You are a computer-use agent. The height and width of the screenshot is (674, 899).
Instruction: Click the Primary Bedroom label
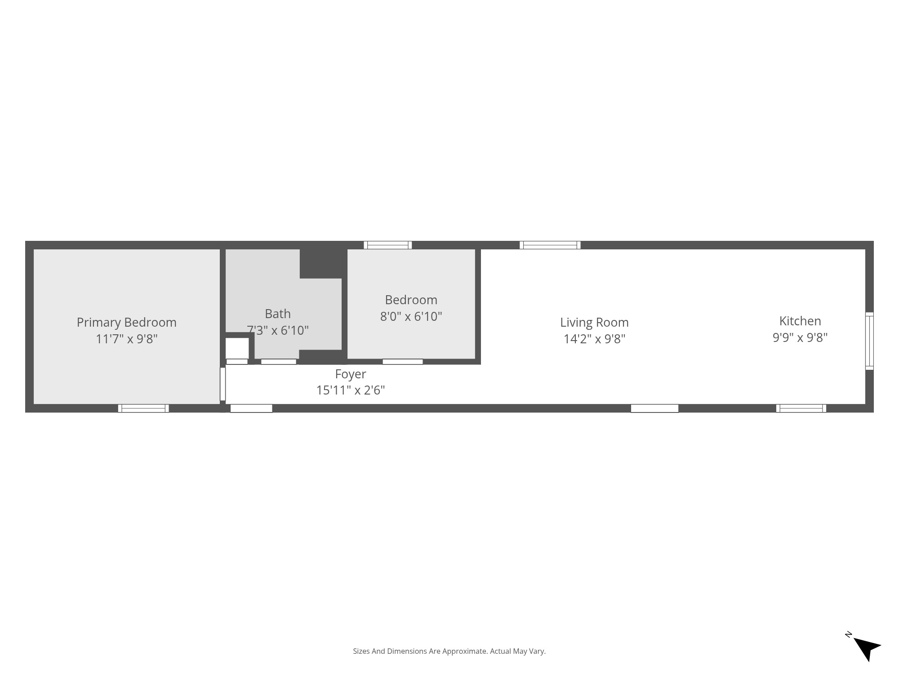pyautogui.click(x=126, y=322)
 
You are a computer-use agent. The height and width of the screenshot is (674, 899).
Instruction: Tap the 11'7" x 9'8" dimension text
pyautogui.click(x=126, y=339)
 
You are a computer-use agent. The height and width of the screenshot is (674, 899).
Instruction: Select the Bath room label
pyautogui.click(x=277, y=314)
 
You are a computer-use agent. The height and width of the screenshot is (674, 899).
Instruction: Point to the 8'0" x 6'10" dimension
pyautogui.click(x=411, y=316)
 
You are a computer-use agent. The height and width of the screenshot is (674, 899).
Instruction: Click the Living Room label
pyautogui.click(x=594, y=322)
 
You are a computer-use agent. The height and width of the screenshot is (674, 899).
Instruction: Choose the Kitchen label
pyautogui.click(x=800, y=321)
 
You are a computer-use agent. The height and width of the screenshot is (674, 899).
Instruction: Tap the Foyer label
pyautogui.click(x=350, y=374)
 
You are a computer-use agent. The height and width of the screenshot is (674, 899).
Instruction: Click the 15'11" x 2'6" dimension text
pyautogui.click(x=350, y=390)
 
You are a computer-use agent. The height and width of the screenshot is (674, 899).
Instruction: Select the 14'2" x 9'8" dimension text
pyautogui.click(x=594, y=339)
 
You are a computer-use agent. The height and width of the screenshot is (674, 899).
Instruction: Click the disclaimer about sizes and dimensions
pyautogui.click(x=449, y=651)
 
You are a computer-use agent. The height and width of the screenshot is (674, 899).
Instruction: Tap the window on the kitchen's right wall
pyautogui.click(x=869, y=341)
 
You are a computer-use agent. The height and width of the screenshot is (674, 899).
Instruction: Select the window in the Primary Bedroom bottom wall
pyautogui.click(x=143, y=408)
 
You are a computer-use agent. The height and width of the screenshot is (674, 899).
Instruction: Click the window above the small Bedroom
pyautogui.click(x=387, y=245)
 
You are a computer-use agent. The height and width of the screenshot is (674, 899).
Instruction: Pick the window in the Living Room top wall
pyautogui.click(x=550, y=245)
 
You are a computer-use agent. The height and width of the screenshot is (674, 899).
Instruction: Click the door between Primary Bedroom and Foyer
pyautogui.click(x=223, y=384)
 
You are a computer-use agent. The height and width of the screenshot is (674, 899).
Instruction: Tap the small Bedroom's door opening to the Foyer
pyautogui.click(x=402, y=362)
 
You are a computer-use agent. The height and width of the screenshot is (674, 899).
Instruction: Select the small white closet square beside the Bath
pyautogui.click(x=237, y=348)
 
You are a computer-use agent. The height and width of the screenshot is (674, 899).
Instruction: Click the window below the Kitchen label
pyautogui.click(x=801, y=408)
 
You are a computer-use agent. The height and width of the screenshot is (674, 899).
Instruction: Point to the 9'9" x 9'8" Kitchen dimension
pyautogui.click(x=800, y=337)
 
